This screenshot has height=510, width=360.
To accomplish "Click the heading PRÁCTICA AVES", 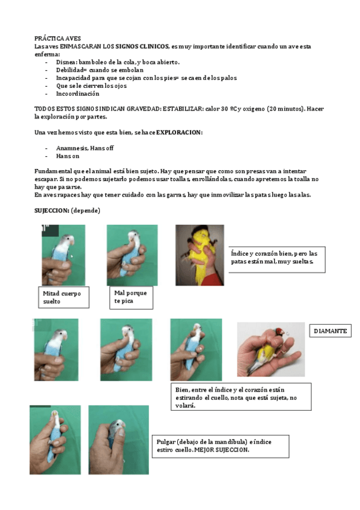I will pos(58,38).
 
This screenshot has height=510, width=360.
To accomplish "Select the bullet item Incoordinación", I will pos(78,94).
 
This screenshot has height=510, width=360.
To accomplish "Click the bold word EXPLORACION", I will pos(179,132).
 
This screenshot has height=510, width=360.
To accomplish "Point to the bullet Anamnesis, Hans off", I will pos(85,148).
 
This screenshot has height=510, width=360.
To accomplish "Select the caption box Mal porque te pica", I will pos(130,296).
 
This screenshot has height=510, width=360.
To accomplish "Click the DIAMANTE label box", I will pos(331,331).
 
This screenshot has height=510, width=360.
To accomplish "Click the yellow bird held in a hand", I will pos(199,254).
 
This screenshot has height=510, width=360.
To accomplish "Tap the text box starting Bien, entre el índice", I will pos(240,397).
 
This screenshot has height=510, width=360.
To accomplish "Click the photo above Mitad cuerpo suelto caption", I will pos(63,255).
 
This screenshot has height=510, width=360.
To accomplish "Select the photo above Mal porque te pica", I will pos(132,255).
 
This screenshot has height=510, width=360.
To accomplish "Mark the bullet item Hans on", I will pos(68,156).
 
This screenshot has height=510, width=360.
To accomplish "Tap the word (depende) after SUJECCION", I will pos(85,210).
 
